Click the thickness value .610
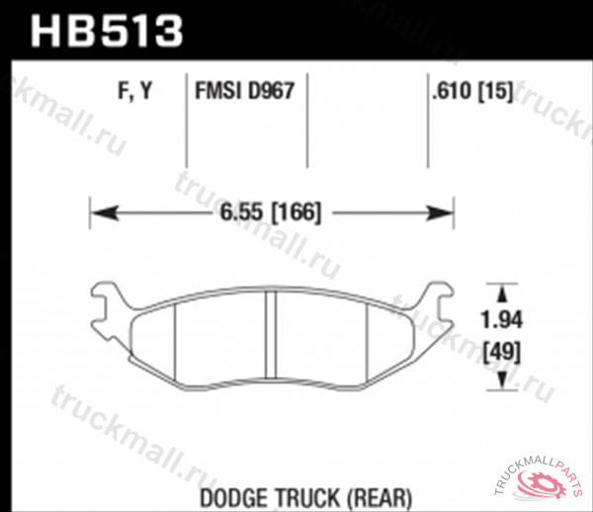click(x=450, y=93)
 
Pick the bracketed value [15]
click(x=495, y=93)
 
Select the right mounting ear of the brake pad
click(x=438, y=299)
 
